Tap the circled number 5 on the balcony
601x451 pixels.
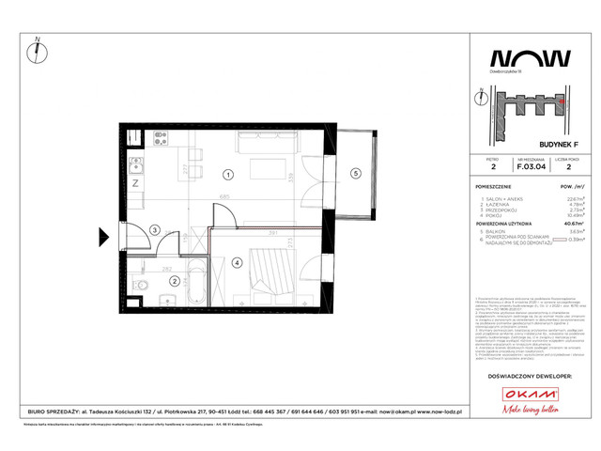[x=355, y=173]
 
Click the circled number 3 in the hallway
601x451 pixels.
[x=153, y=229]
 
